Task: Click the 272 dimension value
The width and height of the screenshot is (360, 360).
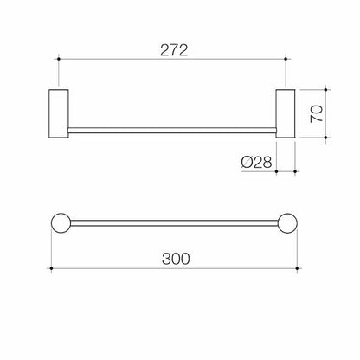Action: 172,51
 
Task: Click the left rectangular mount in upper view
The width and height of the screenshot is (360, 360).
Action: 59,112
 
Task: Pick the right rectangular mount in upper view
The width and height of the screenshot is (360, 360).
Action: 286,112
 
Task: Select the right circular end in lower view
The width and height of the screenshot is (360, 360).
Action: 286,222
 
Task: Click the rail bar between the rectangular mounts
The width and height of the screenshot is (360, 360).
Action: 172,131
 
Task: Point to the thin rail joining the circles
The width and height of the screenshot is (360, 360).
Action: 172,222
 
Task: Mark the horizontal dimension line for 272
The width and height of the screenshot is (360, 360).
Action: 112,61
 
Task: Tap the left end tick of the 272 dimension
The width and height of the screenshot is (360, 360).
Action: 59,61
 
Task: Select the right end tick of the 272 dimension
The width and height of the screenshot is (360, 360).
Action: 286,61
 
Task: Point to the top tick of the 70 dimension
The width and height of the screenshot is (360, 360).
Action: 327,87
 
